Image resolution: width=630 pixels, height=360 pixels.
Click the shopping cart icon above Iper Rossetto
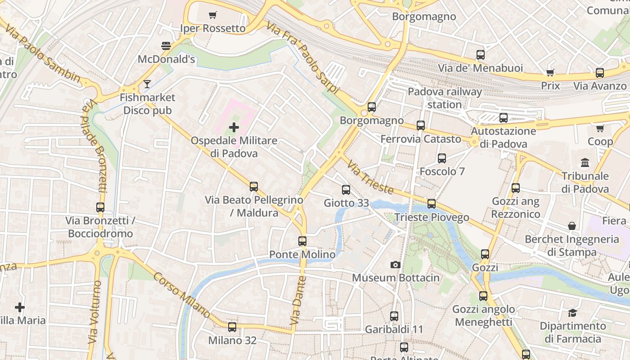(213, 15)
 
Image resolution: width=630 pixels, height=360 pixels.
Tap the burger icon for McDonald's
(166, 46)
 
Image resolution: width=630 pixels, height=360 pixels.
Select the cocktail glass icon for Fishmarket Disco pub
(147, 84)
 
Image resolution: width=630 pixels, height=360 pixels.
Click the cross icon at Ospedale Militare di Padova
(234, 127)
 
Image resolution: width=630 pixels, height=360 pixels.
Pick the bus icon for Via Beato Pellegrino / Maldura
(254, 186)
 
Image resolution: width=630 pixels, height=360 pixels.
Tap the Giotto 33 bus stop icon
(346, 190)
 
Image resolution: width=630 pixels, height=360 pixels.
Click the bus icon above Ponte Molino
(302, 241)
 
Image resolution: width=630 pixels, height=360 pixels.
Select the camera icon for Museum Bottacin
(396, 265)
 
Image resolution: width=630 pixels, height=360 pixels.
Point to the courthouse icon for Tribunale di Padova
(585, 162)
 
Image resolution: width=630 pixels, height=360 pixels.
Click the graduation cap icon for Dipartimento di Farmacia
(572, 312)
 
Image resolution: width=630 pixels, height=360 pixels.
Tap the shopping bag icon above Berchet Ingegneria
(571, 226)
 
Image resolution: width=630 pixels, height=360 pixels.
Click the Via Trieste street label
(370, 177)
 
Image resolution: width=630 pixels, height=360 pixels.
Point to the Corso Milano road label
(182, 295)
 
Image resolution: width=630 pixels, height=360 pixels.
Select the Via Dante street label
(298, 301)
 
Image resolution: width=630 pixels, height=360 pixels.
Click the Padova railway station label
(445, 98)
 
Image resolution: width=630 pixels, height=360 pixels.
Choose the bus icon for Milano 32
(232, 327)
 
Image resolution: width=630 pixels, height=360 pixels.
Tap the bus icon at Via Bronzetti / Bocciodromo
(100, 207)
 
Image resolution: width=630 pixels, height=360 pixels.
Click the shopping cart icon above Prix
(550, 72)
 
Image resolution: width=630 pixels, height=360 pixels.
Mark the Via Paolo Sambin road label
(43, 54)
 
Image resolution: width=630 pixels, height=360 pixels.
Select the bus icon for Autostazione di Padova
(504, 118)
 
